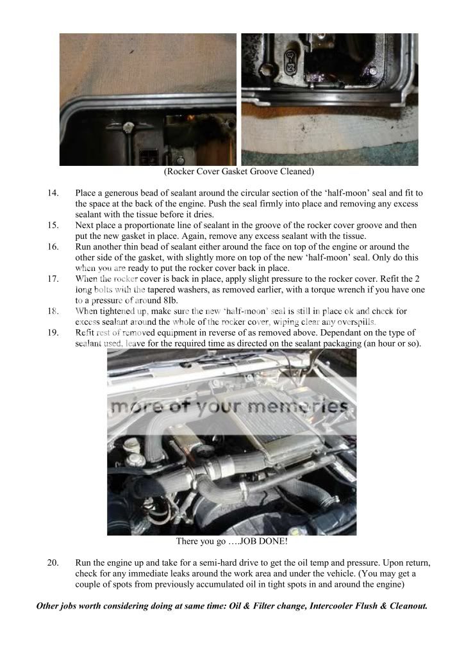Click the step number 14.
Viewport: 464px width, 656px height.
(x=53, y=193)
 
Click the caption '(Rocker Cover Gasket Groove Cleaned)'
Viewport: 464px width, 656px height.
(x=238, y=172)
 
